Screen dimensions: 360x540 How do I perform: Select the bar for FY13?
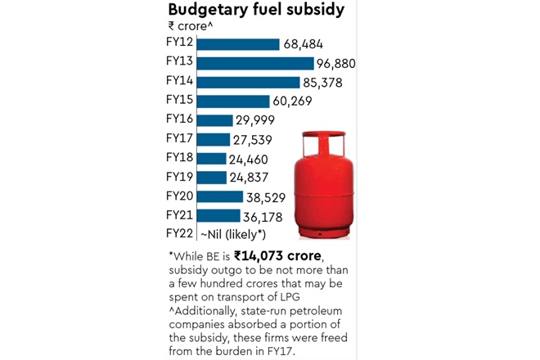[x=255, y=63]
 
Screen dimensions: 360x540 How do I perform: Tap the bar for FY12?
[x=238, y=44]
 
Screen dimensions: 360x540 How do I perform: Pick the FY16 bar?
[x=215, y=119]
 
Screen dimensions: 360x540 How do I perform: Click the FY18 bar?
[x=212, y=158]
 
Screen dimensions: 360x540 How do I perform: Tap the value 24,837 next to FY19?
[x=252, y=178]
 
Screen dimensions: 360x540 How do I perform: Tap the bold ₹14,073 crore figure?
[x=277, y=256]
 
